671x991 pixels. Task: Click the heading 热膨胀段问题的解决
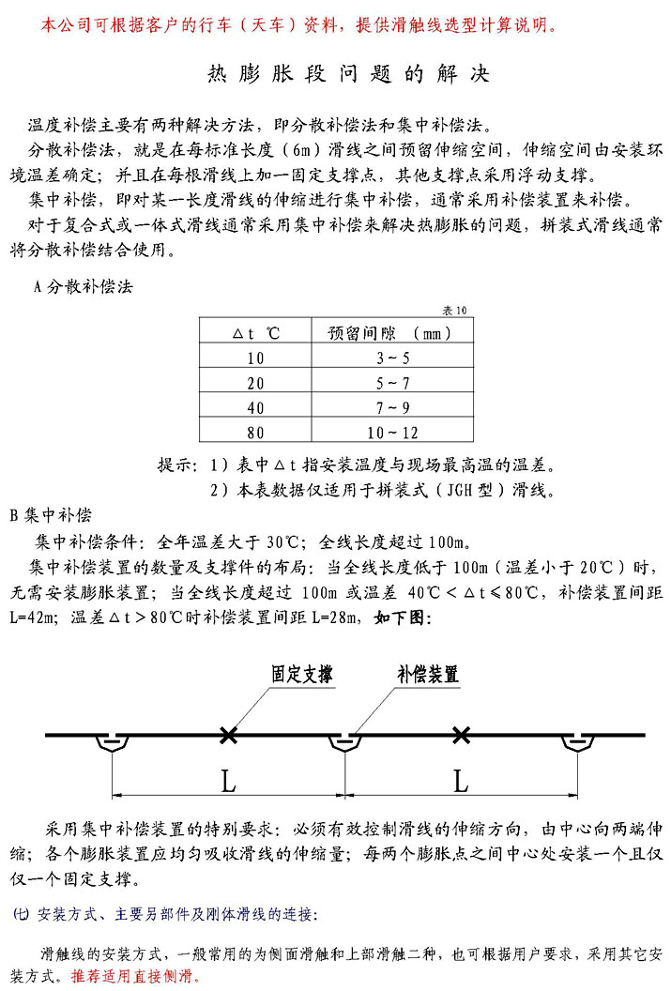pos(347,74)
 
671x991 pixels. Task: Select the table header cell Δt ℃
pos(256,333)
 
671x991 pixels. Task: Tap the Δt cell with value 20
pos(256,383)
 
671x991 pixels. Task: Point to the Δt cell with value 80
pos(256,433)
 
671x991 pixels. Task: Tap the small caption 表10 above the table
pos(455,310)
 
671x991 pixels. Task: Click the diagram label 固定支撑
pos(301,675)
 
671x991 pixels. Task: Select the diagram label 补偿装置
pos(427,675)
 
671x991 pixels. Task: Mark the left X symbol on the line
pos(226,736)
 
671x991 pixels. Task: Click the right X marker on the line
pos(460,736)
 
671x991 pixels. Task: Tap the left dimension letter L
pos(228,781)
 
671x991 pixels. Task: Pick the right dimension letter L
pos(460,781)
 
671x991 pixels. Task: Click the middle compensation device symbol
pos(344,743)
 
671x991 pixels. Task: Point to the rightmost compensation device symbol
pos(575,743)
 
